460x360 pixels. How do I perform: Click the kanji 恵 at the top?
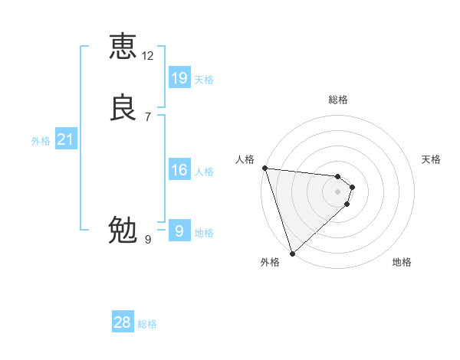click(x=123, y=47)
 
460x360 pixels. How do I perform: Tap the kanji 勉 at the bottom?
click(x=123, y=230)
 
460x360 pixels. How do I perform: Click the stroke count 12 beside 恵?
click(x=148, y=56)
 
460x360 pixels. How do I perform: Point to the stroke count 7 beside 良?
click(x=148, y=116)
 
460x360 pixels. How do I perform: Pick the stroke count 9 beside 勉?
click(x=148, y=240)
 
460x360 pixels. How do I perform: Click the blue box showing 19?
click(x=179, y=77)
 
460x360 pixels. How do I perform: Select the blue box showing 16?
click(x=179, y=170)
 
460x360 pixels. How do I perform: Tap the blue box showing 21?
click(x=65, y=139)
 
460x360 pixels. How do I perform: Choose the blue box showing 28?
click(x=123, y=322)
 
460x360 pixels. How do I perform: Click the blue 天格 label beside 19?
click(x=204, y=80)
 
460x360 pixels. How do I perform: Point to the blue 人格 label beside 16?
click(x=204, y=172)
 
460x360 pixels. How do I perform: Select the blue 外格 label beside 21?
click(x=41, y=141)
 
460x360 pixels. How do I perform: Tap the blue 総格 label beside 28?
click(x=147, y=325)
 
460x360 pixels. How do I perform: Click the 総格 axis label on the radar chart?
click(x=338, y=100)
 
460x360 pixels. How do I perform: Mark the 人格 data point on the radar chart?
click(x=264, y=168)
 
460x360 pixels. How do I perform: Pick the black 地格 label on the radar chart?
click(x=402, y=263)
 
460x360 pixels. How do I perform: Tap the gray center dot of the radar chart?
click(x=337, y=191)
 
